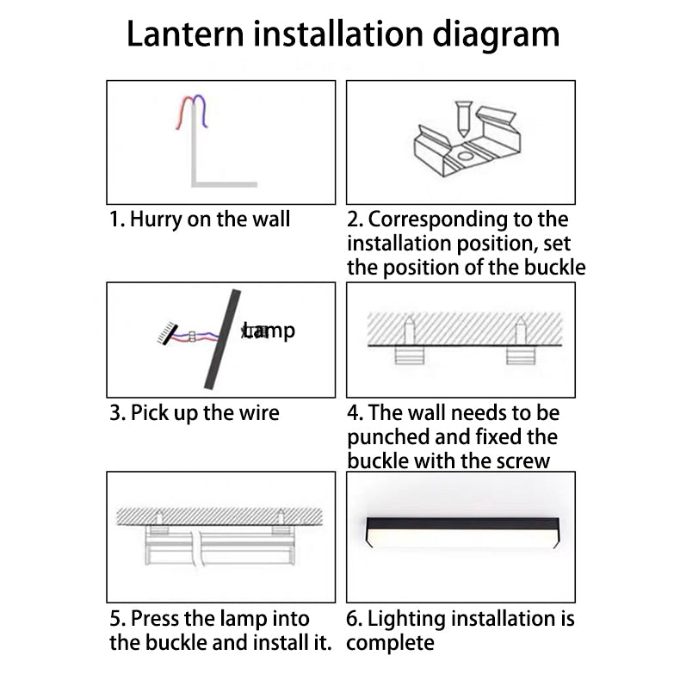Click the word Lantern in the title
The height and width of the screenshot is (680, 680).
click(185, 34)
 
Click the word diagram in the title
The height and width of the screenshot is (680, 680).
click(496, 36)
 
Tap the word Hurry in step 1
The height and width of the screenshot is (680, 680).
click(156, 219)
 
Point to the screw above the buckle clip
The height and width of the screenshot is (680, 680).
click(463, 119)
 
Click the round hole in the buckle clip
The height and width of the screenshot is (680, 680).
click(465, 156)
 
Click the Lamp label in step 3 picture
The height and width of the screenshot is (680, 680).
click(269, 331)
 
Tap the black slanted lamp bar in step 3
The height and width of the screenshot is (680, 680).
click(222, 339)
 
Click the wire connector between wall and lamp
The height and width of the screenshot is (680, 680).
click(192, 336)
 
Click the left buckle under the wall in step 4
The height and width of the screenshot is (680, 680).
click(410, 355)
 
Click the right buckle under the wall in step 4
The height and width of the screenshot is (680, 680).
click(522, 355)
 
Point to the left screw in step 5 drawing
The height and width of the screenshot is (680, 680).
click(159, 518)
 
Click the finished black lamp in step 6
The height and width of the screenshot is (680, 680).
click(463, 532)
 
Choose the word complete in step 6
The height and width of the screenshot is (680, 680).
click(390, 643)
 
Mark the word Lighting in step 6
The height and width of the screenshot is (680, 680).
click(406, 619)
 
